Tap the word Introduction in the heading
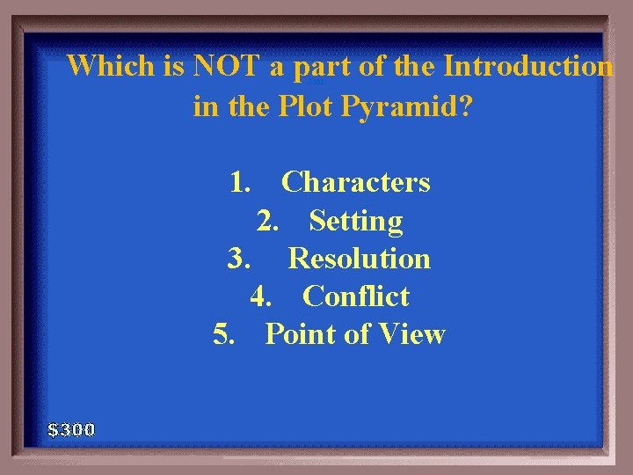[528, 66]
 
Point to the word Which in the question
[109, 66]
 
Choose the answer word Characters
[356, 182]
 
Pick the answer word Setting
[356, 221]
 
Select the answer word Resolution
[359, 259]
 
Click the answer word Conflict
[356, 296]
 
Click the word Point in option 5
[300, 334]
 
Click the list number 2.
[268, 221]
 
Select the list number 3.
[239, 259]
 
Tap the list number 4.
[261, 296]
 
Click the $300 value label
[71, 430]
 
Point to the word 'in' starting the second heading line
[206, 106]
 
